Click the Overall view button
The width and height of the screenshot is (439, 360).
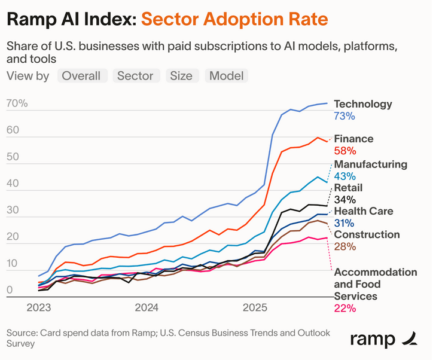coord(83,76)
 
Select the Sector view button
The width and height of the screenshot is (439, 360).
coord(135,76)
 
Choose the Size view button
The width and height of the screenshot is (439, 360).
coord(181,76)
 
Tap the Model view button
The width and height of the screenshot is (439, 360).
coord(226,76)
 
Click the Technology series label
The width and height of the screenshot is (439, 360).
coord(362,104)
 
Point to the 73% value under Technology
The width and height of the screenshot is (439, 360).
coord(344,116)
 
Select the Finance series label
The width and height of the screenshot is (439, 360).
coord(353,139)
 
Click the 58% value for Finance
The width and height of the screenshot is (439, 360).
coord(345,151)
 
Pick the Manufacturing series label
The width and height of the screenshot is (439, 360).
coord(370,164)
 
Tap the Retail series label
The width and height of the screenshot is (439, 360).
coord(348,188)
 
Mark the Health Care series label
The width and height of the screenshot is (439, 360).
coord(363,211)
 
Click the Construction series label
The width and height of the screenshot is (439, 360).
coord(366,234)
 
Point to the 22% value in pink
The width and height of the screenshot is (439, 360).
coord(345,309)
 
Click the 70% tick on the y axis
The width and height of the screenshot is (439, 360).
coord(17,103)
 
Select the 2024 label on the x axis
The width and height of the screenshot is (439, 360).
coord(146,308)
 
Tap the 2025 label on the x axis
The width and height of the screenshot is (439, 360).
coord(255,308)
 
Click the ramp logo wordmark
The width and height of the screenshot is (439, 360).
coord(372,339)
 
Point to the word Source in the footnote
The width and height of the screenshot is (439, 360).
coord(22,332)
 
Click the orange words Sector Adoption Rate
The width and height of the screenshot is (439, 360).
coord(235,19)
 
